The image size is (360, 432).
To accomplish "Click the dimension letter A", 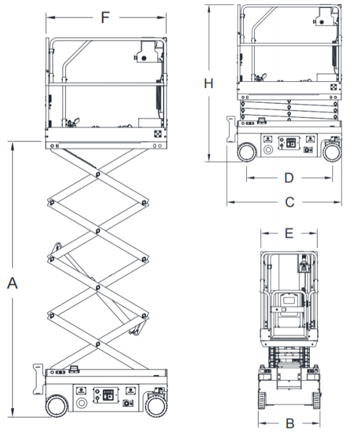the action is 12,283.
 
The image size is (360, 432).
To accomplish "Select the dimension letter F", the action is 105,17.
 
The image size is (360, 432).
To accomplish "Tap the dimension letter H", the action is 208,83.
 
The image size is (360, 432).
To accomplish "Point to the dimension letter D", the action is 289,178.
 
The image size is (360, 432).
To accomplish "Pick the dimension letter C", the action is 290,202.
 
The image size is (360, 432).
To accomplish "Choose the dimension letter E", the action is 289,233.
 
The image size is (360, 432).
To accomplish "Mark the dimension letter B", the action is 290,423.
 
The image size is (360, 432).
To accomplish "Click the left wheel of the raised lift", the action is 57,406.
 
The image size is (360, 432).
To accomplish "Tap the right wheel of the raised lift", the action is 156,406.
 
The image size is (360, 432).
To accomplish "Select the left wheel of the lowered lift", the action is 247,152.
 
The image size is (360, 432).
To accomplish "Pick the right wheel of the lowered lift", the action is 332,152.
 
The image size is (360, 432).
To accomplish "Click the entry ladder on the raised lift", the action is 39,379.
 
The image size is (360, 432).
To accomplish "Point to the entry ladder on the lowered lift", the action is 232,129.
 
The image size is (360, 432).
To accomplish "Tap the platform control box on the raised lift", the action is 147,51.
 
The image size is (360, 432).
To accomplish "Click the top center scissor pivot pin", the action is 98,174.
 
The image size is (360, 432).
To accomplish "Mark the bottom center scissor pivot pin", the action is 98,344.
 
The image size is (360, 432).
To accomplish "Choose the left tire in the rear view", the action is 262,400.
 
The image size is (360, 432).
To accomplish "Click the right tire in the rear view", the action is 316,400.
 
